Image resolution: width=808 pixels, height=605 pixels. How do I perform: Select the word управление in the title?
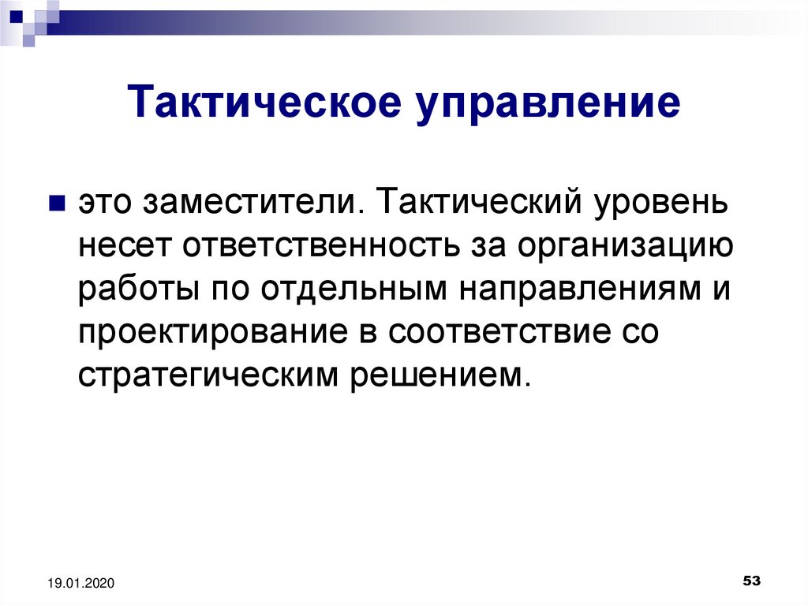[549, 103]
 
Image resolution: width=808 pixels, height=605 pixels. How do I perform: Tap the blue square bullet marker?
[57, 203]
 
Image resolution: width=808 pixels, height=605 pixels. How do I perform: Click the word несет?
[124, 246]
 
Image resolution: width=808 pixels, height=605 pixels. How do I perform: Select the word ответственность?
[320, 246]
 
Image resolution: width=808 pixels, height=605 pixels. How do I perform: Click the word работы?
[139, 288]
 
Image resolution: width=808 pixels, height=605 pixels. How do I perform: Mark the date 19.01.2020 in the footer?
[81, 584]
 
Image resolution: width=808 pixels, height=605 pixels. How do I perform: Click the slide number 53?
[752, 581]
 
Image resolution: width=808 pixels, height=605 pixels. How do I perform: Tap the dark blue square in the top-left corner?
[16, 17]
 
